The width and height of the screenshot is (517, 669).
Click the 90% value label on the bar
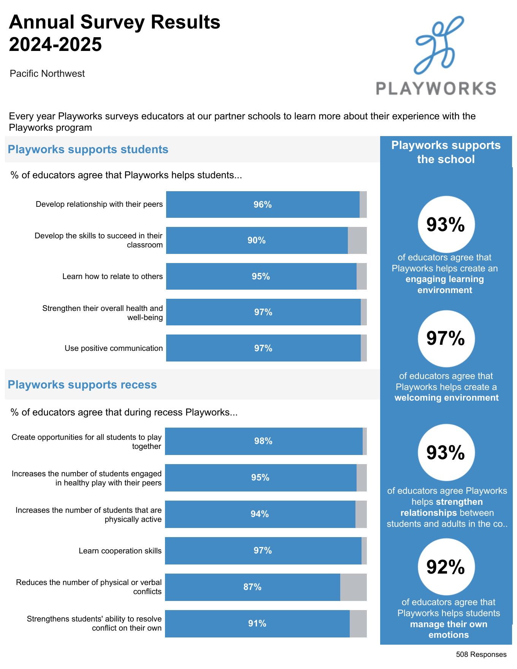(x=257, y=240)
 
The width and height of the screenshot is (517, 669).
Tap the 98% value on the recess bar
(x=263, y=441)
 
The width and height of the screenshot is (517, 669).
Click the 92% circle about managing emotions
(x=446, y=567)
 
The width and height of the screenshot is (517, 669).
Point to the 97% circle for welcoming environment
(x=446, y=338)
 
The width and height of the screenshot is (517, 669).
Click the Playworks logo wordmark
(x=436, y=88)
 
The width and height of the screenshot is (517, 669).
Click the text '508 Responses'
(x=481, y=655)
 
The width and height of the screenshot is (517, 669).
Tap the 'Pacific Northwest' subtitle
(x=47, y=73)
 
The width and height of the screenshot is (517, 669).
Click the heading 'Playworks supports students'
(x=88, y=149)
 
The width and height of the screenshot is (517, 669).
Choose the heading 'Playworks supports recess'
(x=82, y=385)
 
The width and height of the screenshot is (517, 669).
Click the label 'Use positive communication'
(x=113, y=348)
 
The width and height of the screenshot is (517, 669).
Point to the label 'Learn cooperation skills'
(x=120, y=551)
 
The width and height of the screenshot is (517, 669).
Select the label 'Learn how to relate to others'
(x=112, y=276)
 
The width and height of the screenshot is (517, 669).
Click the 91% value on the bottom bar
(x=257, y=623)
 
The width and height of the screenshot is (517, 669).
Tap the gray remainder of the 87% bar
(x=353, y=587)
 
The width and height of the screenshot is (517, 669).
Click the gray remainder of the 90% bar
(x=357, y=240)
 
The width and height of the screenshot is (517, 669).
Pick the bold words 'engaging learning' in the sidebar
(x=444, y=279)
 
